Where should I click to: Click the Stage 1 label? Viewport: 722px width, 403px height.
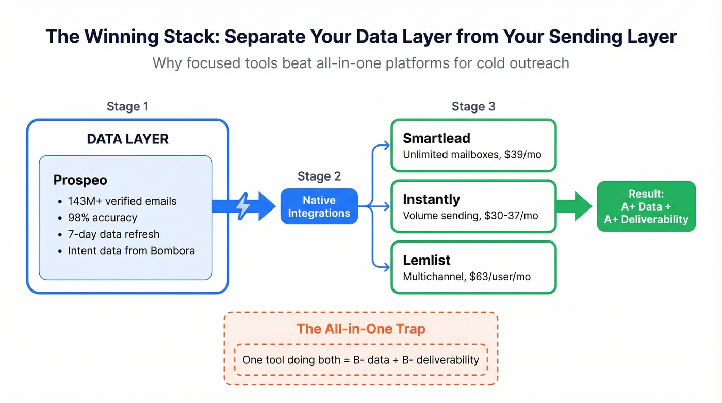pos(127,107)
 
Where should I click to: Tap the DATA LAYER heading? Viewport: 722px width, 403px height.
pos(127,139)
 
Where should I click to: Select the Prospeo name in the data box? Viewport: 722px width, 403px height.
pos(80,180)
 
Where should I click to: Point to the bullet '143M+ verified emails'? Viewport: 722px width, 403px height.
pos(122,201)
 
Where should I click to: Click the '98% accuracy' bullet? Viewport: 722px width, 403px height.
pos(103,218)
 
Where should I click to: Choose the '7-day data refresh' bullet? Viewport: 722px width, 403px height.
pos(113,234)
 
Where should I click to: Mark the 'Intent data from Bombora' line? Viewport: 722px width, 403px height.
pos(131,251)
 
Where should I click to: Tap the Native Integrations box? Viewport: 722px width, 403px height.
pos(319,207)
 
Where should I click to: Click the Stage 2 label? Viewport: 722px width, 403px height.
pos(319,176)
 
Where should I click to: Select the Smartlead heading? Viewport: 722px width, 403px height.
pos(436,138)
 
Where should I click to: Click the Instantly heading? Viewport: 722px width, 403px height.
pos(431,199)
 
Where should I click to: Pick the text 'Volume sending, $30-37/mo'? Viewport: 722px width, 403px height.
pos(470,215)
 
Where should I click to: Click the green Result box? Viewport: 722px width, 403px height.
pos(646,206)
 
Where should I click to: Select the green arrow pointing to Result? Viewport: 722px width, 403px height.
pos(575,206)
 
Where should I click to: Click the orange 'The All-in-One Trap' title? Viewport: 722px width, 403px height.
pos(360,329)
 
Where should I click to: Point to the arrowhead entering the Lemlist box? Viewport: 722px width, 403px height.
pos(387,267)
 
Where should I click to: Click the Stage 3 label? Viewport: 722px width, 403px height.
pos(473,107)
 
